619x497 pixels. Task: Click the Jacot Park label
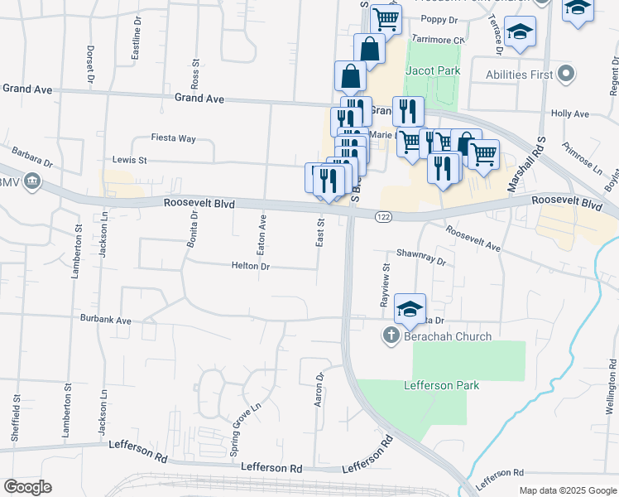pos(432,71)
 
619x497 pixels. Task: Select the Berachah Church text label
pos(448,336)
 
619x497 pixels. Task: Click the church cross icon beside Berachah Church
pos(391,335)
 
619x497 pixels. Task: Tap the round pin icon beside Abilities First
pos(566,75)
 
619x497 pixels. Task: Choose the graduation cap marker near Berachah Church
pos(410,309)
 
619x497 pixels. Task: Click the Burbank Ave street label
pos(106,319)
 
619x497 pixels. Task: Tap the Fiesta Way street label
pos(173,138)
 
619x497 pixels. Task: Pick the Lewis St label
pos(129,160)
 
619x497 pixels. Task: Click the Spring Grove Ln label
pos(245,417)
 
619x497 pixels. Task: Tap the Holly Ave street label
pos(569,113)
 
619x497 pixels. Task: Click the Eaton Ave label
pos(262,233)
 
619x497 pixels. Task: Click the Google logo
pos(27,487)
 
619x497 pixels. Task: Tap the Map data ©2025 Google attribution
pos(567,490)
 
